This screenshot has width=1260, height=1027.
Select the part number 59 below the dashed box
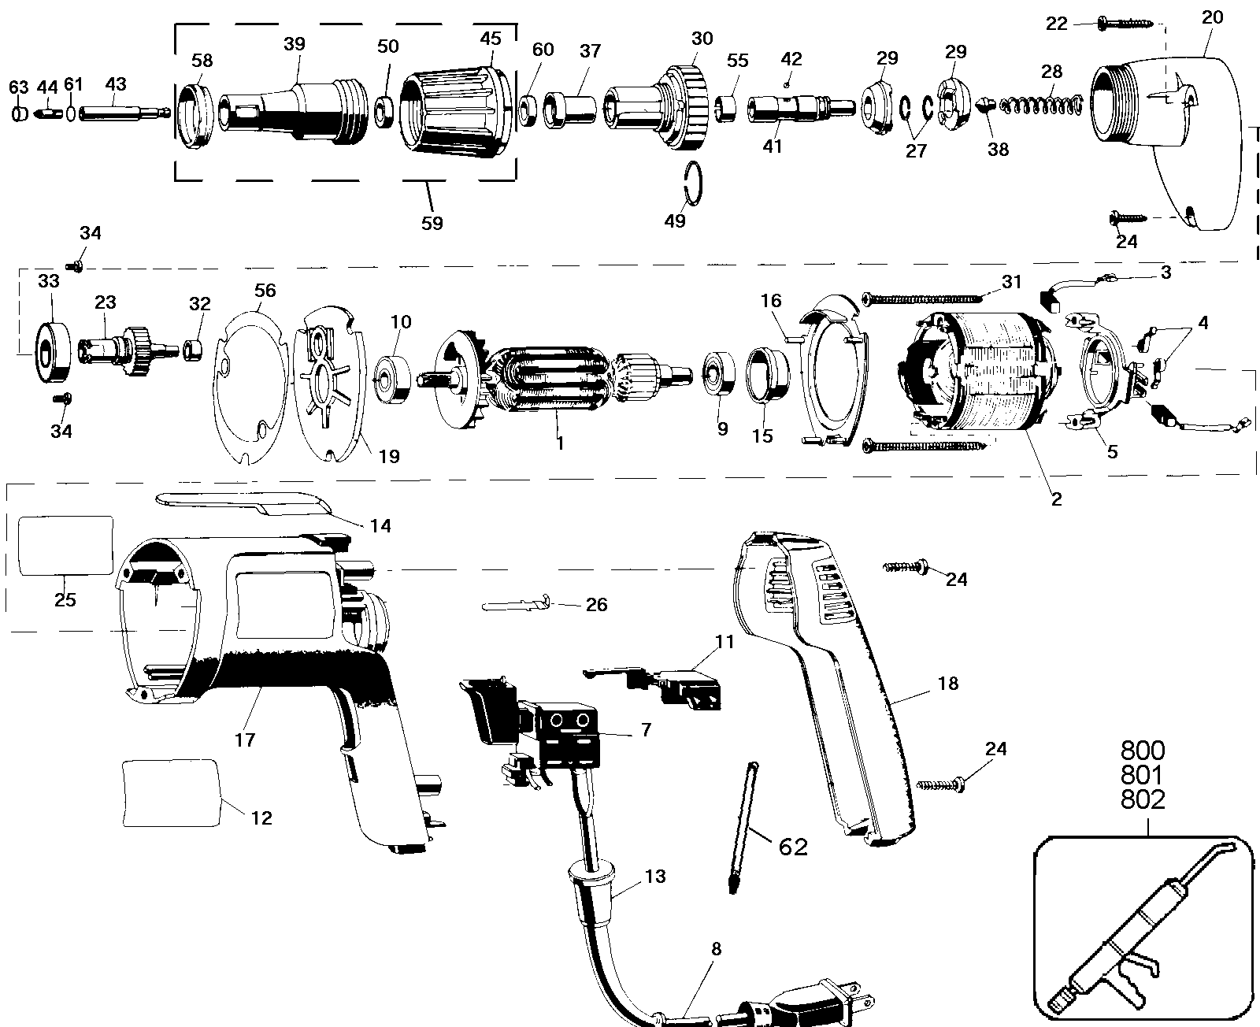point(432,223)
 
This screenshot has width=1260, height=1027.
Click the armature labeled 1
point(556,379)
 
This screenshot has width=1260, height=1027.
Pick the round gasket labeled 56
point(249,387)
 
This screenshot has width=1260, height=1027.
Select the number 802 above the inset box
point(1143,799)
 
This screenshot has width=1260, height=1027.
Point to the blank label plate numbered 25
point(65,546)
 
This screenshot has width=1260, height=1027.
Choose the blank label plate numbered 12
point(171,793)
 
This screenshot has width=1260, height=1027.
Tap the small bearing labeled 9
point(719,374)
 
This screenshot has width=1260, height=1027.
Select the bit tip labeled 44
point(46,113)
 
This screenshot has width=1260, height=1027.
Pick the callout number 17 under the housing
point(244,740)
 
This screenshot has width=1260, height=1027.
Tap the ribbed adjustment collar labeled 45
point(456,111)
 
